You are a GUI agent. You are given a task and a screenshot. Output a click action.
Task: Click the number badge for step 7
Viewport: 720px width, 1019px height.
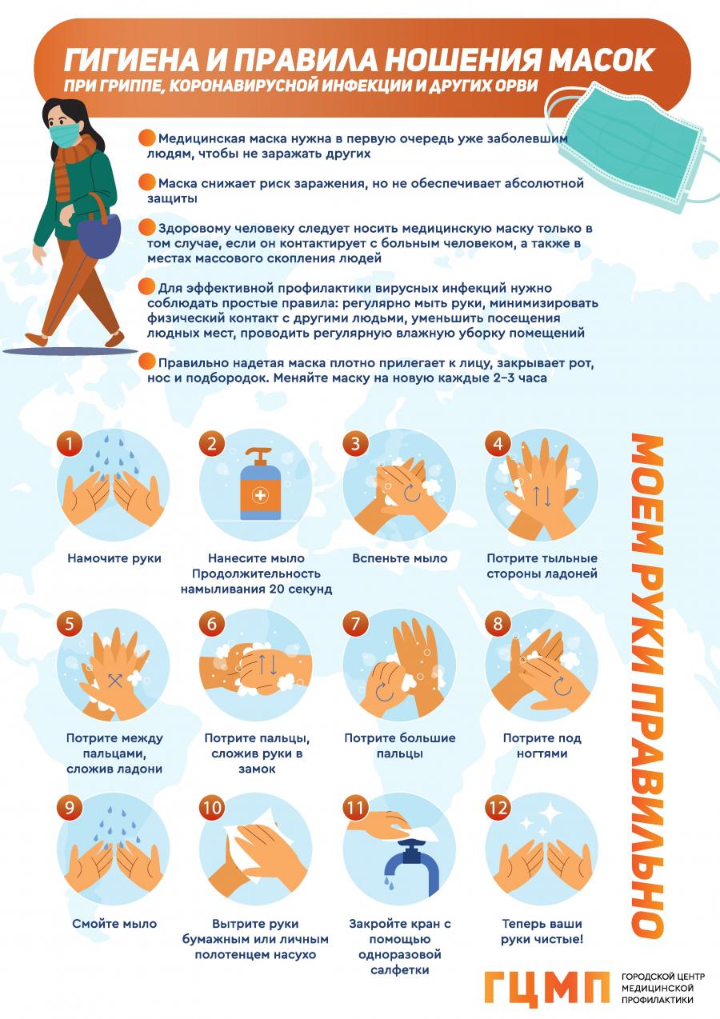pos(355,623)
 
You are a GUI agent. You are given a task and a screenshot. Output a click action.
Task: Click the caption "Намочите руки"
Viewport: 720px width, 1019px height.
pos(114,558)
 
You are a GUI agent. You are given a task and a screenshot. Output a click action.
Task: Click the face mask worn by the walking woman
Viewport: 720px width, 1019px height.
pos(64,135)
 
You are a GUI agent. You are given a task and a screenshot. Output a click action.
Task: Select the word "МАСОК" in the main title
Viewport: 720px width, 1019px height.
pos(601,60)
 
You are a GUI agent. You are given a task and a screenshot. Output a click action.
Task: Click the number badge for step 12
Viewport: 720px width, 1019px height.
pos(498,808)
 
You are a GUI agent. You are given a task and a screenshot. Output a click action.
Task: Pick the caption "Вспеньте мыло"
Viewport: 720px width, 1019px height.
pos(399,558)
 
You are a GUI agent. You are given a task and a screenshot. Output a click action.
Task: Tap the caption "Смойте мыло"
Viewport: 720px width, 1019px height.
pos(114,924)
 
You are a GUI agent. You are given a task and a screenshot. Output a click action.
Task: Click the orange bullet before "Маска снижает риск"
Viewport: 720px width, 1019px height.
pos(147,182)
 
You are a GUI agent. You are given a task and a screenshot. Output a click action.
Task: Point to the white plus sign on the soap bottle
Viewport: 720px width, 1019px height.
pos(260,495)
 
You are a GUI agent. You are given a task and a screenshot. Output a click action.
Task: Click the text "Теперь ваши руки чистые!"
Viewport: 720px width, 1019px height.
pos(542,931)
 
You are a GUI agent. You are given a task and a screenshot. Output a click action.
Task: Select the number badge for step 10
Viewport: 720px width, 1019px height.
pos(212,808)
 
